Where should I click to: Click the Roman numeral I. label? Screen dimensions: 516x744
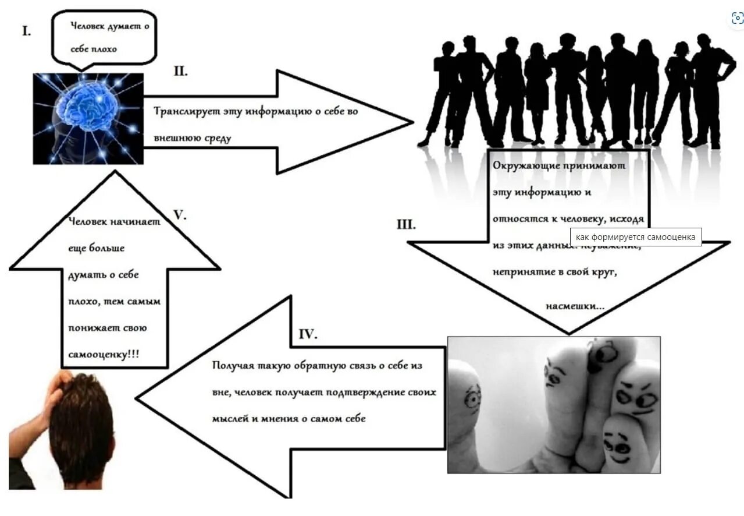pyautogui.click(x=27, y=31)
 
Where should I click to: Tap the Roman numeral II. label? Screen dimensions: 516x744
pyautogui.click(x=180, y=72)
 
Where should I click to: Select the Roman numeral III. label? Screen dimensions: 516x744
pyautogui.click(x=406, y=225)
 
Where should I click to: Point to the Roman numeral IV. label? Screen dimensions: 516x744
pyautogui.click(x=308, y=334)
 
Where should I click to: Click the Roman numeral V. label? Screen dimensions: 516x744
pyautogui.click(x=180, y=215)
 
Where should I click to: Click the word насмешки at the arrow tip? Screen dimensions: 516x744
pyautogui.click(x=575, y=305)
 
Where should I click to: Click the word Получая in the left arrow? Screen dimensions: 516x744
pyautogui.click(x=232, y=366)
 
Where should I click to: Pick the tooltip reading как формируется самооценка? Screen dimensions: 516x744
pyautogui.click(x=636, y=237)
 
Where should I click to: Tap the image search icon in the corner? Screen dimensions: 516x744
pyautogui.click(x=737, y=18)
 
